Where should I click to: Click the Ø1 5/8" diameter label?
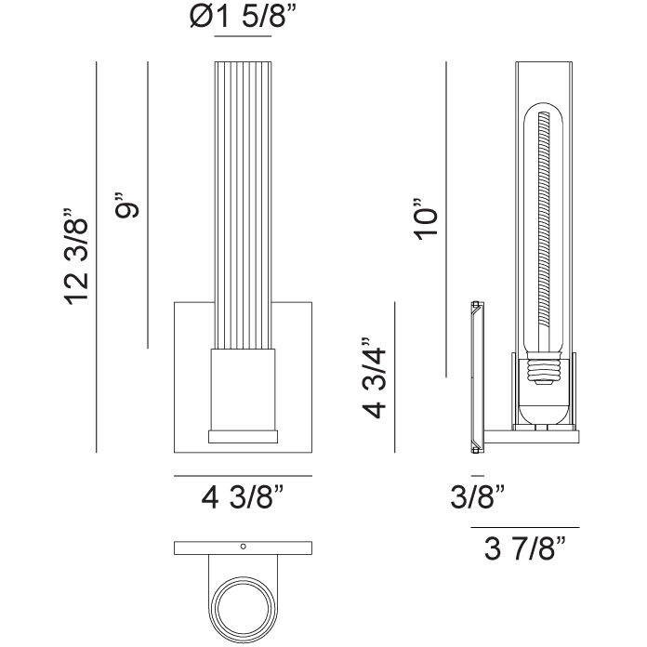[243, 18]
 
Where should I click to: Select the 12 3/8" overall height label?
[77, 257]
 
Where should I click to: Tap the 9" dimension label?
[127, 205]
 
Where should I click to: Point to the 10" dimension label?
[425, 218]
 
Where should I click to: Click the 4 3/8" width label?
[243, 497]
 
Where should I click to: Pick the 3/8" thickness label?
[478, 496]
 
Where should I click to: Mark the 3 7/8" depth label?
[525, 548]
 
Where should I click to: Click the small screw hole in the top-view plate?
[243, 547]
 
